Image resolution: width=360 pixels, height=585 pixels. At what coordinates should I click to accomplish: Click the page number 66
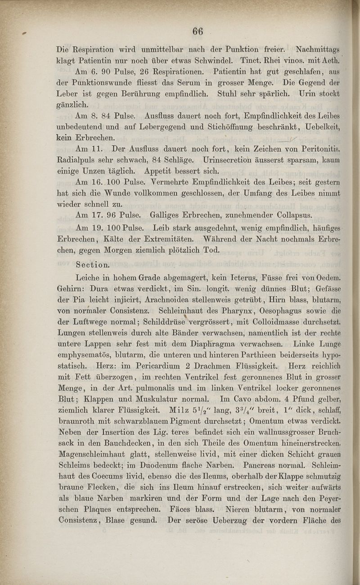(x=198, y=31)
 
